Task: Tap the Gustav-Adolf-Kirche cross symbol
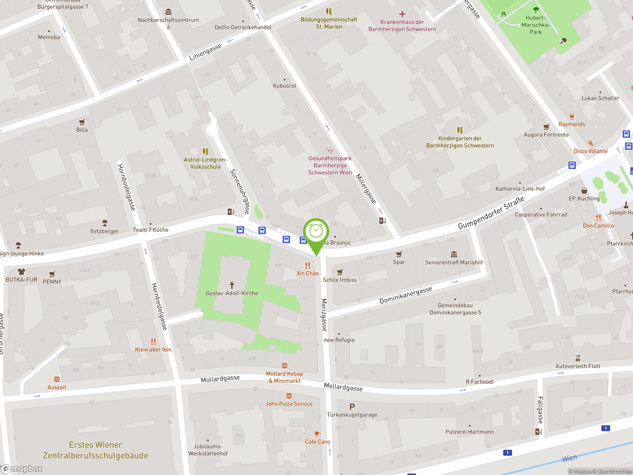pos(232,285)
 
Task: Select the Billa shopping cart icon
pos(82,122)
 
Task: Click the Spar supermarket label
pos(399,262)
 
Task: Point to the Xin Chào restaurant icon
pos(308,265)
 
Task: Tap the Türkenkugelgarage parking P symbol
pos(352,406)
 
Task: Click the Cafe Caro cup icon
pos(317,434)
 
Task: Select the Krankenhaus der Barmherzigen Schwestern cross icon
pos(402,14)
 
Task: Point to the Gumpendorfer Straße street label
pos(491,213)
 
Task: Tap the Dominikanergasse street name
pos(406,295)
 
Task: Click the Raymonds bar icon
pos(572,116)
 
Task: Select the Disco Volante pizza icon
pos(590,143)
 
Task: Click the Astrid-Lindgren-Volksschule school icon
pos(205,151)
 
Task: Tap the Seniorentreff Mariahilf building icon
pos(454,254)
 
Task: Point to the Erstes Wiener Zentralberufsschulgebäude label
pos(96,450)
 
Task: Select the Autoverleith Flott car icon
pos(578,358)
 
